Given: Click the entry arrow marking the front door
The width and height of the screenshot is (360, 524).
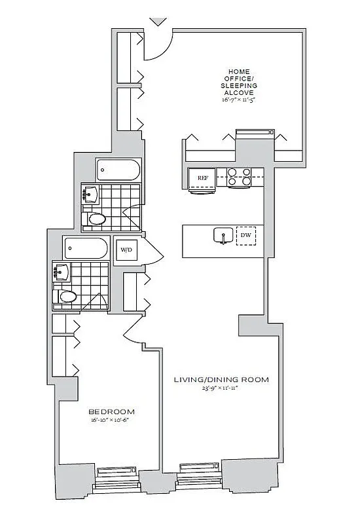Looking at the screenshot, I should pos(158,22).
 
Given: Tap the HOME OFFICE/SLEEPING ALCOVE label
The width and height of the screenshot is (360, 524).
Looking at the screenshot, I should pos(242,82).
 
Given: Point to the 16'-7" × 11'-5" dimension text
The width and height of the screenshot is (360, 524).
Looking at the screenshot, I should pos(242,100).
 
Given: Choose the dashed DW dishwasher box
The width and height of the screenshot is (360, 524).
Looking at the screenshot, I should pos(246,235).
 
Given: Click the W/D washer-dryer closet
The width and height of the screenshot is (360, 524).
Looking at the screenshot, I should pos(126,250).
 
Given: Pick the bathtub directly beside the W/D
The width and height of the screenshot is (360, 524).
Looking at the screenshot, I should pos(87,249).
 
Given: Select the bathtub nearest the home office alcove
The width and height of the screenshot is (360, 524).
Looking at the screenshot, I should pos(118,171).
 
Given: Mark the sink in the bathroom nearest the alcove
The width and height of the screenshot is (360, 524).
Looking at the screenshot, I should pos(92,193).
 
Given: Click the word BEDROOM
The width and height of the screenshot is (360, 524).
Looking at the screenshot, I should pos(109,412).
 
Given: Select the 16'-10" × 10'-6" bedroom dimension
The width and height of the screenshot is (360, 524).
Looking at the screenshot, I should pos(109,421).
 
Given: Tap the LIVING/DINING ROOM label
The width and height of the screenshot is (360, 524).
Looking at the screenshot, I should pos(221,379).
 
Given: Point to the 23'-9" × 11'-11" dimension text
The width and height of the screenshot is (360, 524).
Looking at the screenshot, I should pos(221,388).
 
